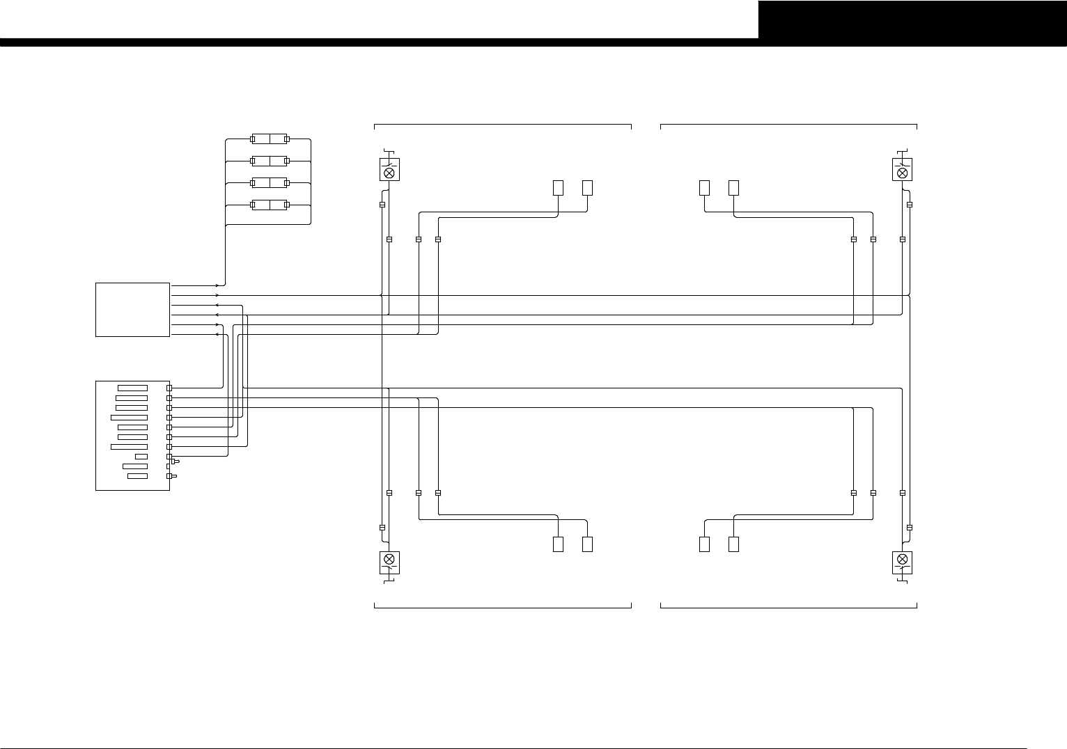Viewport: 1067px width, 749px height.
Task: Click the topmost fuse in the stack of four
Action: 270,139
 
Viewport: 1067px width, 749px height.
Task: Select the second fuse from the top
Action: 270,161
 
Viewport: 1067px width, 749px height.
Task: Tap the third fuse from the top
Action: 270,183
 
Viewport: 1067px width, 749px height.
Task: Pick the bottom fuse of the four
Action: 270,205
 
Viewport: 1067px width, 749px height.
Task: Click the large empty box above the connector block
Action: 132,310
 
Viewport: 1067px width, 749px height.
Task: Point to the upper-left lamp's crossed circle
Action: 389,171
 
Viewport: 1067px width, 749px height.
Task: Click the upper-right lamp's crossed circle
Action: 903,171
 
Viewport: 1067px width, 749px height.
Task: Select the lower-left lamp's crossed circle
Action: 389,559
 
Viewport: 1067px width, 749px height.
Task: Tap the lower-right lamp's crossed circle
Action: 903,559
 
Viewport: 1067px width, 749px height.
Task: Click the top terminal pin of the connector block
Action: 169,388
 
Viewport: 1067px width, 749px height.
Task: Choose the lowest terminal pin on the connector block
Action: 169,476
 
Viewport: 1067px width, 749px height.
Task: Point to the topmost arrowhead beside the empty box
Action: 217,285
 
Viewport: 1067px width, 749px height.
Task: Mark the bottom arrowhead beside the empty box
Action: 217,334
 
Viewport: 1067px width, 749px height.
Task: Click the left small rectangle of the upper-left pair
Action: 558,187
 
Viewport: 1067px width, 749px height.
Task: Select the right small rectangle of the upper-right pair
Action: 733,187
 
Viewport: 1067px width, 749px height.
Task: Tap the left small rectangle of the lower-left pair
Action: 558,544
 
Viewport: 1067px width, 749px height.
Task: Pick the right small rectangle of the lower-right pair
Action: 733,544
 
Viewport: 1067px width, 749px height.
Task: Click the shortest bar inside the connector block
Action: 141,457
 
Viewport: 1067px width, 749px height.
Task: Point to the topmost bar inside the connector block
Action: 133,388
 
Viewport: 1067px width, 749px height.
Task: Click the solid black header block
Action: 912,19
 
